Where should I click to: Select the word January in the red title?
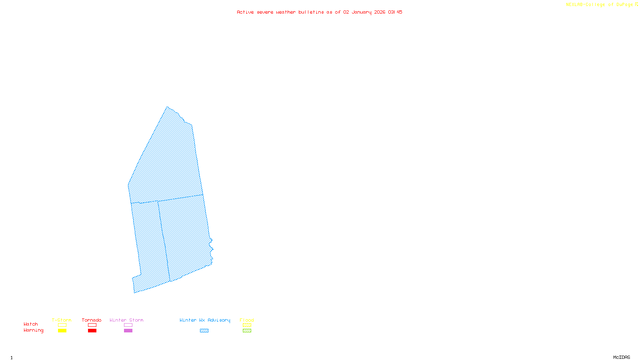point(362,12)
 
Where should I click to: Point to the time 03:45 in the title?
point(395,12)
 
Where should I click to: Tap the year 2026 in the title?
point(380,12)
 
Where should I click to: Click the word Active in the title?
point(245,12)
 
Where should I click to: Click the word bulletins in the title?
point(311,12)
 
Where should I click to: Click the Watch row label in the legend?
point(31,324)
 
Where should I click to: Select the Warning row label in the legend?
point(34,330)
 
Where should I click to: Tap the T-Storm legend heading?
point(62,320)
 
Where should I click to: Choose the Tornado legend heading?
point(92,320)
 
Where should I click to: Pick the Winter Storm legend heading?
point(126,320)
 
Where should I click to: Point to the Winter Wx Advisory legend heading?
point(205,320)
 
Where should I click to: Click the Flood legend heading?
point(247,320)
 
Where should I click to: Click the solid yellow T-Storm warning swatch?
point(62,331)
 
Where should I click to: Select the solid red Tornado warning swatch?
point(92,331)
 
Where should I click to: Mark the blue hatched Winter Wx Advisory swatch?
point(204,331)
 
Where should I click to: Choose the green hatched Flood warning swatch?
point(247,331)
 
